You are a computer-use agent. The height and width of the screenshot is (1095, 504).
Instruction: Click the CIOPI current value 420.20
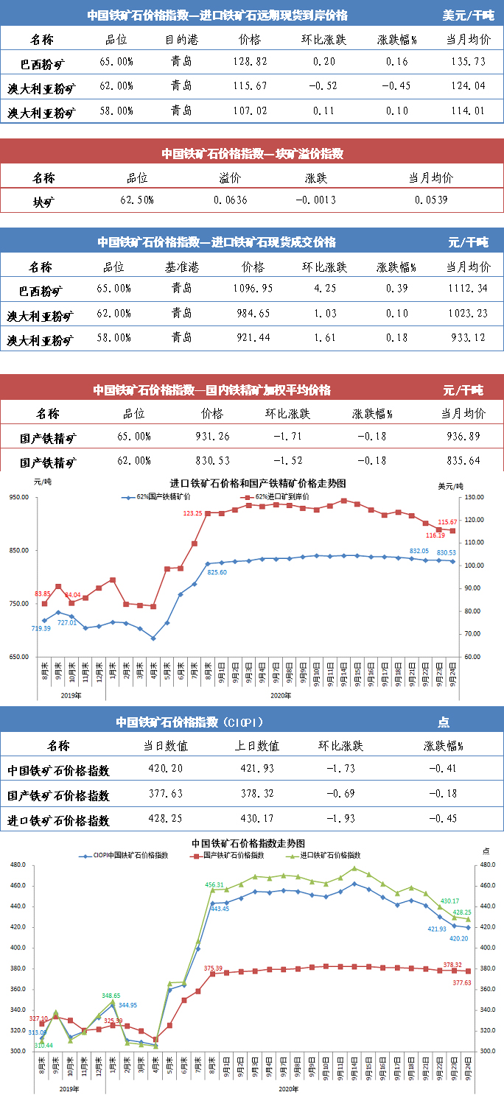click(166, 768)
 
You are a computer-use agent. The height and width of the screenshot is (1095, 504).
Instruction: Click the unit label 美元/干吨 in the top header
click(469, 15)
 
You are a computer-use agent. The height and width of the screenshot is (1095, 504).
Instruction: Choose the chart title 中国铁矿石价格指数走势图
click(248, 843)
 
